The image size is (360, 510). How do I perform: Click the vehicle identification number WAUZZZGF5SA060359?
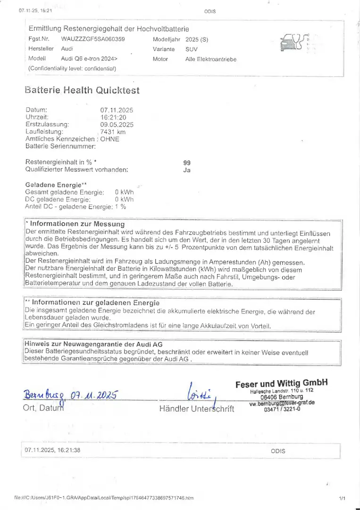93,39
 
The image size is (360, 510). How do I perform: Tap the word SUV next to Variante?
192,49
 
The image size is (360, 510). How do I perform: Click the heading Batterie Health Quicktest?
82,90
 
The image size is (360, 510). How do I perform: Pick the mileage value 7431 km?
113,132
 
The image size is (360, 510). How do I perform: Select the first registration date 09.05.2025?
117,125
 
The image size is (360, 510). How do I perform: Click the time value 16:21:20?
113,117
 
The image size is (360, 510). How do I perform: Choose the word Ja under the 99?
186,170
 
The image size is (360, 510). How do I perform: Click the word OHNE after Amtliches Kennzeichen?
110,139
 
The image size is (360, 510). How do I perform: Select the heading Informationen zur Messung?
77,224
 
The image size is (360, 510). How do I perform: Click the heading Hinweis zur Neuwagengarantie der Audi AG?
93,344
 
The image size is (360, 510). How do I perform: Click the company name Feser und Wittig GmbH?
281,383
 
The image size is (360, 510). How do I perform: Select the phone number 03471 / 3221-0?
282,409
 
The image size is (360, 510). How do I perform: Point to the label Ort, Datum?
43,408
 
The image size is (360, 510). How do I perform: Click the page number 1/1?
342,498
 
